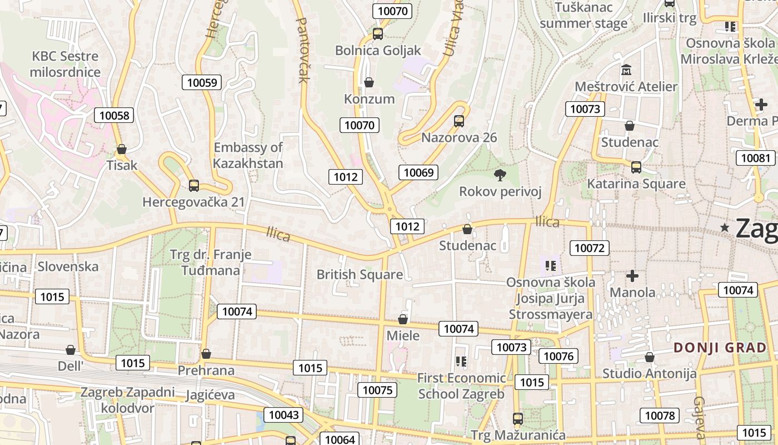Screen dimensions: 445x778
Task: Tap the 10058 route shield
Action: [x=114, y=115]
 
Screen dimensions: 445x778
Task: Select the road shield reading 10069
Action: [x=418, y=172]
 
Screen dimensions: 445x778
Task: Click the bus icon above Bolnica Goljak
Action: [x=378, y=34]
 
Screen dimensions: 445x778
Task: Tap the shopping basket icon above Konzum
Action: [x=369, y=83]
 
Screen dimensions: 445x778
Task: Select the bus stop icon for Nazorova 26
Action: [x=459, y=121]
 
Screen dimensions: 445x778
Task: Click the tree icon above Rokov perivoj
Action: [x=500, y=175]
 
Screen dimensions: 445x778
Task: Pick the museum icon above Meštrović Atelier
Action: [x=627, y=70]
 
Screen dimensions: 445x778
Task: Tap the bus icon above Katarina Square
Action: [x=636, y=167]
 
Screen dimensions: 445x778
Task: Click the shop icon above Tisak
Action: [x=122, y=149]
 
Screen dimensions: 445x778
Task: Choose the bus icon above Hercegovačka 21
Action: [x=194, y=185]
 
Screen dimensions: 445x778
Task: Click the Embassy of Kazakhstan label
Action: [x=248, y=155]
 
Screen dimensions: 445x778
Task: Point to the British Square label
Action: [x=360, y=274]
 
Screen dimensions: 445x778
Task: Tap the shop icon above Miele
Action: [x=403, y=319]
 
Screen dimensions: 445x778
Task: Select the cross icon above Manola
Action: [x=632, y=276]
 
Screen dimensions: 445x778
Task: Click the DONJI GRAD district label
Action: [x=720, y=348]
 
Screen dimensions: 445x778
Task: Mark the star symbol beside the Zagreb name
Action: [x=725, y=228]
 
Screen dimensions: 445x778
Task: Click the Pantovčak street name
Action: [x=303, y=50]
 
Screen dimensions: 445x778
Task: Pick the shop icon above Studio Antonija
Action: [x=649, y=357]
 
